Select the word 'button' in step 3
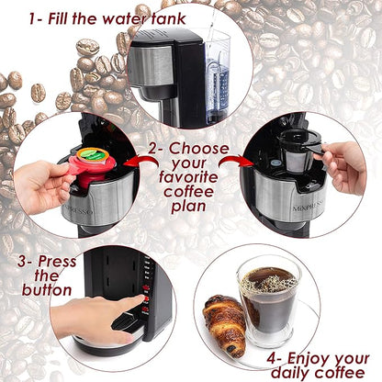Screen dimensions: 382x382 click(39, 292)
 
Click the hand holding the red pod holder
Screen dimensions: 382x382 click(41, 184)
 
